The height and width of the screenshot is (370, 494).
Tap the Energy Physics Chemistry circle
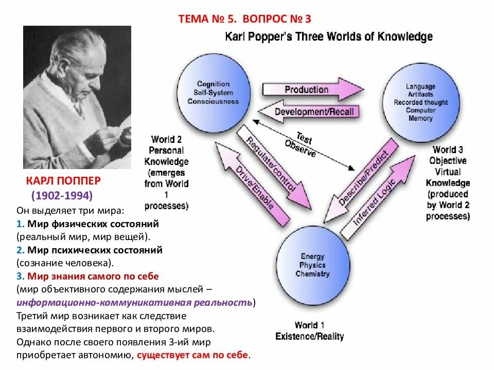click(312, 265)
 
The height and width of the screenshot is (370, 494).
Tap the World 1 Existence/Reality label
click(309, 331)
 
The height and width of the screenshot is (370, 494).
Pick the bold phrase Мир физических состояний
click(93, 224)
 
